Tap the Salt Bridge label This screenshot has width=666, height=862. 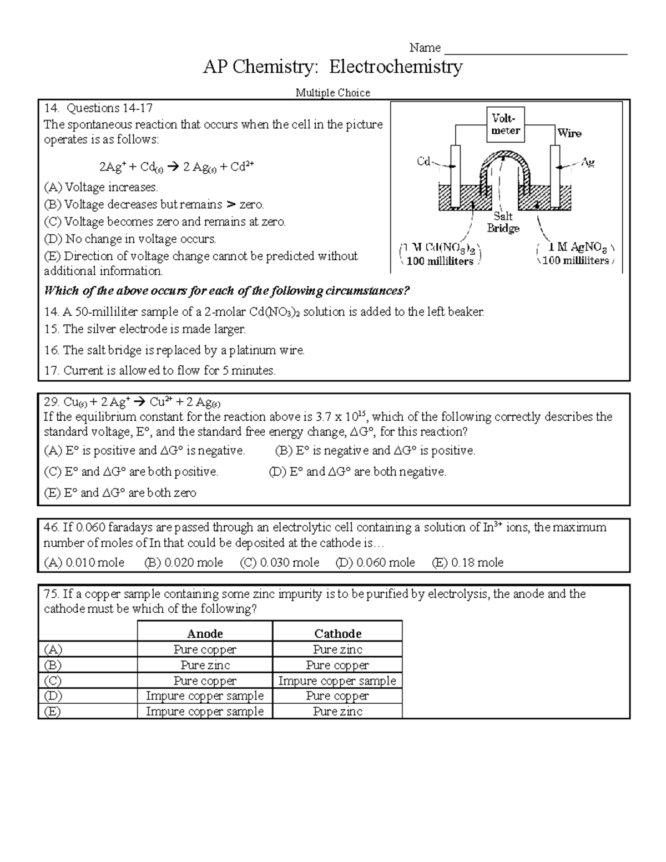pos(503,222)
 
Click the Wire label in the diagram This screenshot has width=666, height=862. pos(569,133)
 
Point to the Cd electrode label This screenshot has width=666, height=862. pos(423,162)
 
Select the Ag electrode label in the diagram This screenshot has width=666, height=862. pos(588,162)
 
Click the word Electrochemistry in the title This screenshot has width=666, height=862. pos(396,67)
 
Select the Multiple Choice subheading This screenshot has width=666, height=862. pos(332,93)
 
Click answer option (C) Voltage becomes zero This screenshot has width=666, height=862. pos(165,222)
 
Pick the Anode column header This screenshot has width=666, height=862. pos(205,633)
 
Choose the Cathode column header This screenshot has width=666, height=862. pos(337,633)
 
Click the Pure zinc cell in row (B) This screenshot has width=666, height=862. pos(205,665)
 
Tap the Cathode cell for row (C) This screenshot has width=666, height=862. pos(337,680)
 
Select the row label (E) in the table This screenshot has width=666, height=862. pos(53,712)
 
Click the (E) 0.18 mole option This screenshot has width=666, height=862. pos(467,562)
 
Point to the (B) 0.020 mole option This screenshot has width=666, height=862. pos(184,562)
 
